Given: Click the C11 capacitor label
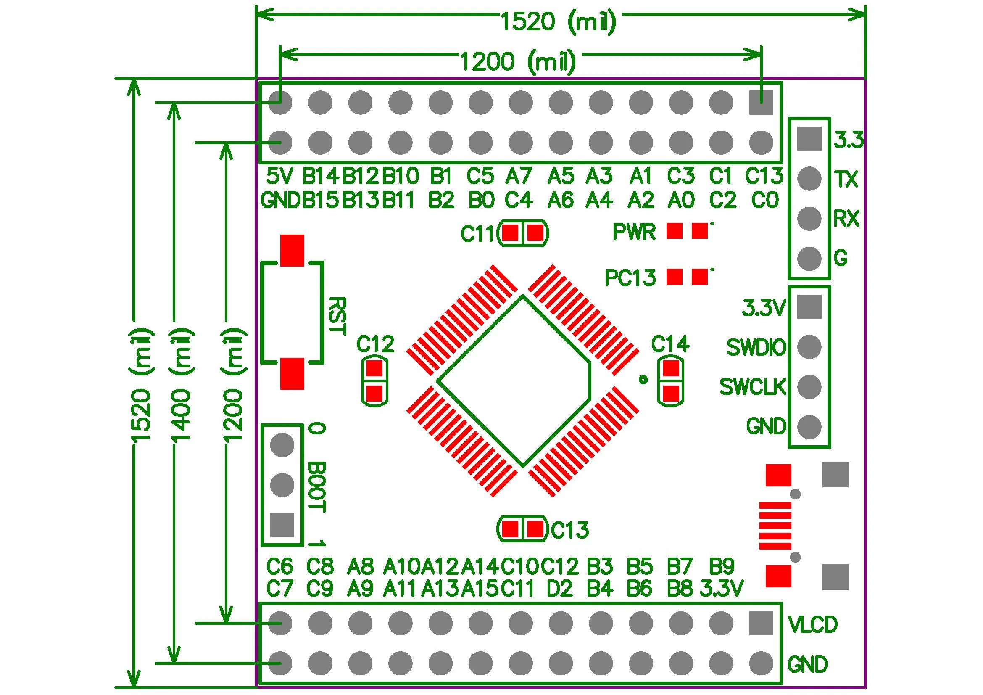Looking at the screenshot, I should point(477,234).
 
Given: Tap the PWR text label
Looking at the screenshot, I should point(634,232).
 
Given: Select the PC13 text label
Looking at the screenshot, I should point(630,278).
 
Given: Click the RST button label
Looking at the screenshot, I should point(337,316).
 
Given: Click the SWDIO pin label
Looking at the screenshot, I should point(756,347).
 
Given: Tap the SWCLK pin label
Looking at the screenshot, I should point(753,387).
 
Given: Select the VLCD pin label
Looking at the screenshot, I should point(812,625).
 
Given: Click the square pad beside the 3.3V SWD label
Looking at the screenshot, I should point(809,307).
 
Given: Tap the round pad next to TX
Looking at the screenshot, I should point(809,179).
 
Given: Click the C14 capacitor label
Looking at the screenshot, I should point(670,344).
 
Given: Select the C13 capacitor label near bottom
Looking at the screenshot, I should point(570,530).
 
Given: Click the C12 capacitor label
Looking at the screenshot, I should point(375,344).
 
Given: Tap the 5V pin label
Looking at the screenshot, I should point(279,176).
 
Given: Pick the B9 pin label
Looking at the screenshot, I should point(722,566).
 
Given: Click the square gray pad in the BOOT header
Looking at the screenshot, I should point(282,525).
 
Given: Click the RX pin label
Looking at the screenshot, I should point(846,219).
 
